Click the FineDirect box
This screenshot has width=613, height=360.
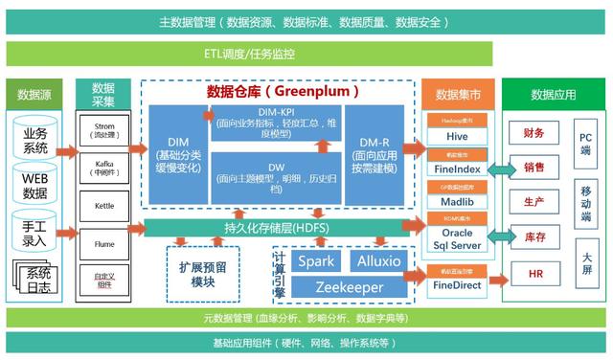point(456,284)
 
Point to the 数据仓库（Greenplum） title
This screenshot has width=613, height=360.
point(283,92)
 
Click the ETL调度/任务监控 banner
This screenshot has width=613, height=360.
point(250,54)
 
